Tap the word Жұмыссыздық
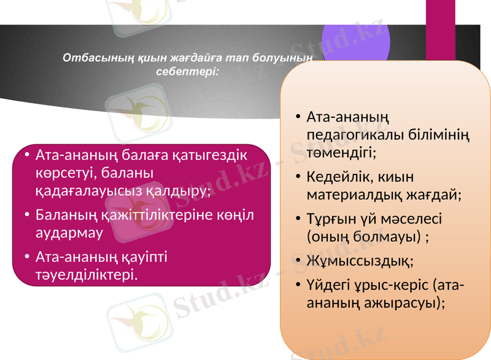tap(359, 261)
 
